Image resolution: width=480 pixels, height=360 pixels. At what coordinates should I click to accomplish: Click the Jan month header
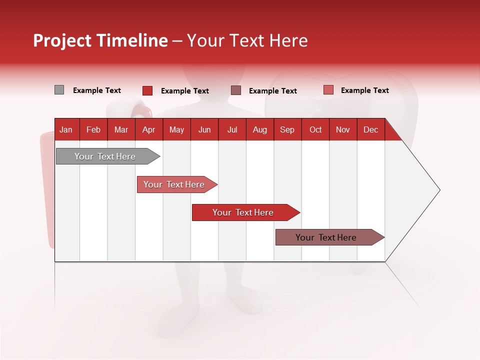point(66,129)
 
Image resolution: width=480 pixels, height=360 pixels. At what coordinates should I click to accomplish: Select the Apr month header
point(149,129)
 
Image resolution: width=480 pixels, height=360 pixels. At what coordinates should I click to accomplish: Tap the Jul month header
point(232,129)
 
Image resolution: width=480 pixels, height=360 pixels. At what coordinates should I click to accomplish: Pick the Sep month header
point(287,129)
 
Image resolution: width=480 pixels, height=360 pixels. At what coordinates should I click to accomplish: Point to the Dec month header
point(371,129)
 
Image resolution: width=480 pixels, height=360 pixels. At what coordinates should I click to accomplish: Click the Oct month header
point(315,129)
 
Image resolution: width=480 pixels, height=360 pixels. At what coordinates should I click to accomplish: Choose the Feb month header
point(93,129)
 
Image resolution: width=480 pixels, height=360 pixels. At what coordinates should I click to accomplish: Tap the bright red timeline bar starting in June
point(243,212)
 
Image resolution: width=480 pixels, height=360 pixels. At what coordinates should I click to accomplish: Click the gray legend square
point(59,90)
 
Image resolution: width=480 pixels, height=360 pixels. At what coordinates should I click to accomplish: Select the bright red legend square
point(147,90)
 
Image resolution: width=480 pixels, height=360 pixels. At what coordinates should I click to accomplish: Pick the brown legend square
point(236,90)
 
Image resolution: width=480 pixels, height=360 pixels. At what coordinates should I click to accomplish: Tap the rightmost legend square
point(328,90)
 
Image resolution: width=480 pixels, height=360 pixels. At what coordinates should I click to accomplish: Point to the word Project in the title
point(62,40)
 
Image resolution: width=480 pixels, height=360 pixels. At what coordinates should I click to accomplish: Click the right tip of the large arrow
point(438,190)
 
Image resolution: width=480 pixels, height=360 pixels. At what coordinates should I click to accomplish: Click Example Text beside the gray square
point(97,90)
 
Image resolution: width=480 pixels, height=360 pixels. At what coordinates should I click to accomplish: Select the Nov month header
point(343,129)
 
